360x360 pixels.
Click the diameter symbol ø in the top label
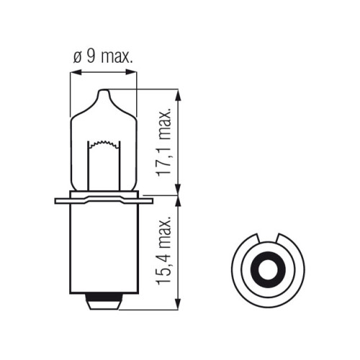[77, 58]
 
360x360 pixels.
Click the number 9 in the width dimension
[91, 57]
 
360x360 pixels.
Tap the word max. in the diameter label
[117, 57]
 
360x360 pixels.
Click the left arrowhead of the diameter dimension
[76, 72]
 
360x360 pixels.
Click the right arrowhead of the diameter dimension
[131, 72]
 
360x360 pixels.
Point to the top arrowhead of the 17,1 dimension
[178, 95]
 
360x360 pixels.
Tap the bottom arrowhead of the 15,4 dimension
[178, 304]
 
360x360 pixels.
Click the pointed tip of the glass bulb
[104, 90]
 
